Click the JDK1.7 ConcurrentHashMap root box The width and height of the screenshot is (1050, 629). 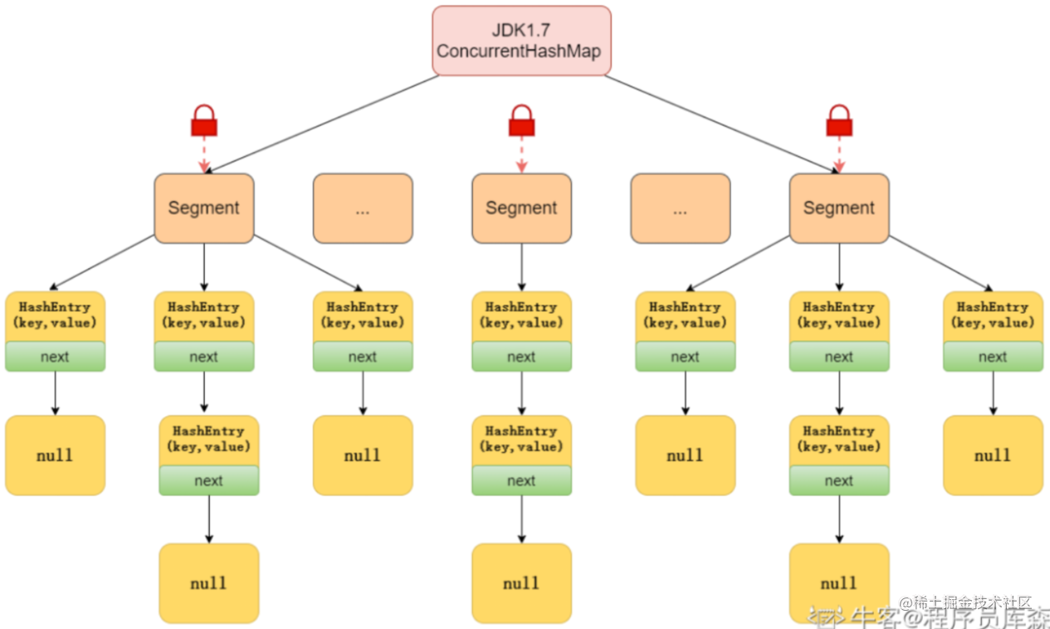pos(521,41)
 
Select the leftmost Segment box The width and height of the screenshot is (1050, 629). pos(203,208)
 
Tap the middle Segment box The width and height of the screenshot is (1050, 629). pos(521,208)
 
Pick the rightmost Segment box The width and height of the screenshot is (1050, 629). pos(838,208)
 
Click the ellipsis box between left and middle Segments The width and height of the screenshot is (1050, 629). pos(362,208)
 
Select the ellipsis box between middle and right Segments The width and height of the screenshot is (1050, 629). pos(680,208)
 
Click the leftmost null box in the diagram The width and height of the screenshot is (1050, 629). pos(55,455)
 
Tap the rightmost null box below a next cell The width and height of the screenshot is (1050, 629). pos(993,455)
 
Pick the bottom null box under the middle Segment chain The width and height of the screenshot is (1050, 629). pos(521,583)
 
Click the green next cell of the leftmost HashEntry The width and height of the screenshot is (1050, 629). pos(55,357)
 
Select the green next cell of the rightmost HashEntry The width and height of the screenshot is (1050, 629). pos(993,357)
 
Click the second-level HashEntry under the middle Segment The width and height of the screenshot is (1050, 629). pos(521,439)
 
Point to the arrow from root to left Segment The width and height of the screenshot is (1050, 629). pos(320,124)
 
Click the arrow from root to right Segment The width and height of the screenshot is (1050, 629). pos(722,124)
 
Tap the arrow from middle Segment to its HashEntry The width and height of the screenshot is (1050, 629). pos(521,267)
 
